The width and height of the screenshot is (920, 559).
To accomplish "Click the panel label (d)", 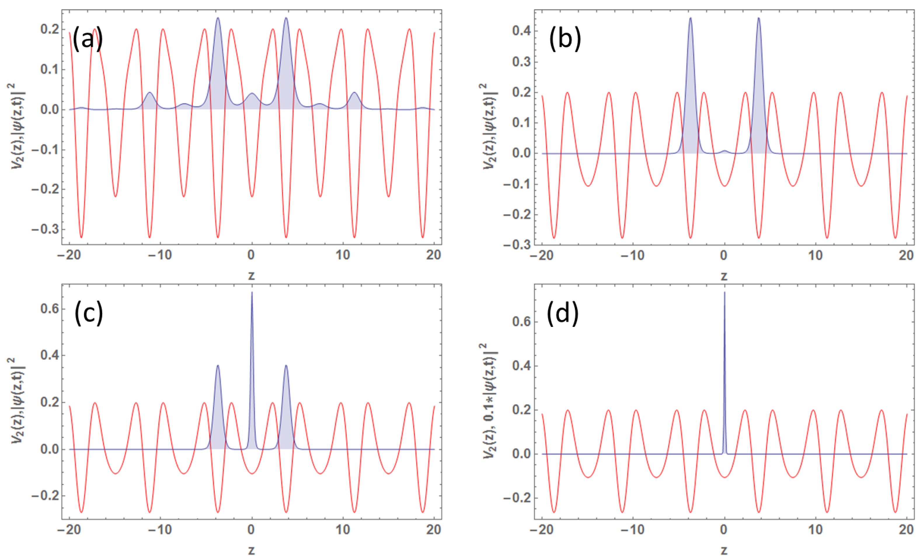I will (x=562, y=313).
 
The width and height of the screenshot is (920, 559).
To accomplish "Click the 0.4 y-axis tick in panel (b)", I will (x=522, y=31).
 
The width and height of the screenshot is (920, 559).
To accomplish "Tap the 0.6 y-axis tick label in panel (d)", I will (x=522, y=322).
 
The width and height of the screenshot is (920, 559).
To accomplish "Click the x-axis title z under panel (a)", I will (x=251, y=276).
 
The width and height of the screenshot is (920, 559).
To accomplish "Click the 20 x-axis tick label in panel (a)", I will (x=433, y=255).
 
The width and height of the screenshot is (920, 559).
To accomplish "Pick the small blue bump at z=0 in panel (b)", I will (x=724, y=151).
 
